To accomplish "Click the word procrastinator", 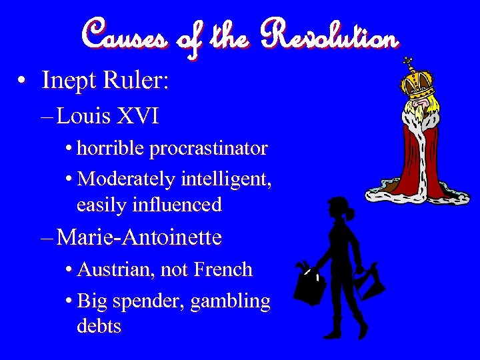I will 209,148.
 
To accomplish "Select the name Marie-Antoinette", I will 139,237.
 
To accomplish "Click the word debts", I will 99,327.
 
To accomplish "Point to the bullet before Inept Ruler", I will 23,82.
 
